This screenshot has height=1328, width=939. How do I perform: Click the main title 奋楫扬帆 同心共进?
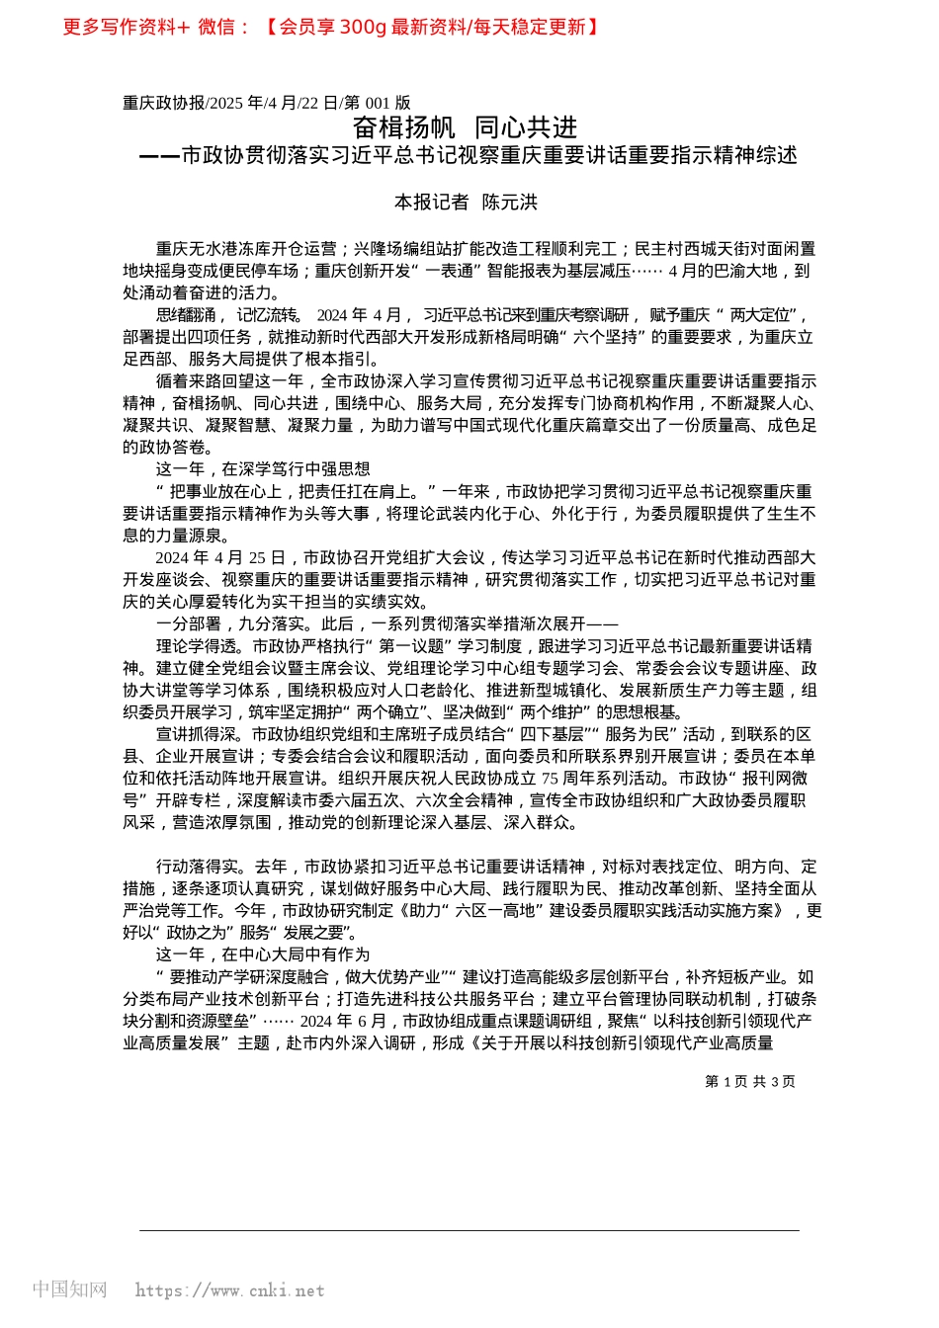pos(465,127)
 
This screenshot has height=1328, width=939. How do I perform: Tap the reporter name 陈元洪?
pos(509,203)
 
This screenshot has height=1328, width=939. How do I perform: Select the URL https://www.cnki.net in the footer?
pos(229,1290)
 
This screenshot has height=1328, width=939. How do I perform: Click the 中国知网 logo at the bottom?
pos(69,1289)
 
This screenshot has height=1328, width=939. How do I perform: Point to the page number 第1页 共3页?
pos(749,1082)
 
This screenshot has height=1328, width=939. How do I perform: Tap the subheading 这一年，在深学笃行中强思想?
pos(263,469)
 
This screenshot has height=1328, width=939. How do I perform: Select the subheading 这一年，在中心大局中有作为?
pos(263,954)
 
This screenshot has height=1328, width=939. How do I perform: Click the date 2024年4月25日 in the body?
pos(220,558)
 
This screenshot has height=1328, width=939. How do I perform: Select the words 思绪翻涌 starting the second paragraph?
pos(185,315)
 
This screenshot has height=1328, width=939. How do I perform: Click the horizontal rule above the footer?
pos(469,1230)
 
